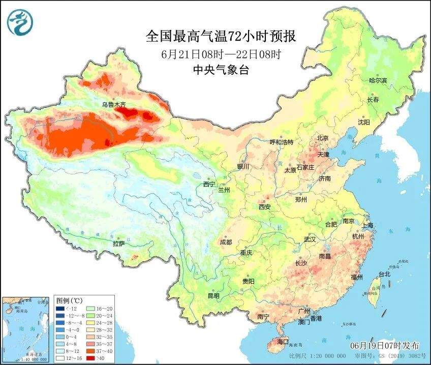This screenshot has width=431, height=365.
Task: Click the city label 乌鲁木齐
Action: (113, 104)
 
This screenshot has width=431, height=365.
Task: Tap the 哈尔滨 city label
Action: (378, 81)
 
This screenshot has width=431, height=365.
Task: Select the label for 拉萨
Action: (118, 244)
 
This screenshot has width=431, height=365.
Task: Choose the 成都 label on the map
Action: (226, 242)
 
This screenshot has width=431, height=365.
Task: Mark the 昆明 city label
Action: (213, 296)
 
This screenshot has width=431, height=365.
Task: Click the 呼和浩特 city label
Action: (281, 142)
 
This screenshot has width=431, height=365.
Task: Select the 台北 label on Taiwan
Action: (384, 274)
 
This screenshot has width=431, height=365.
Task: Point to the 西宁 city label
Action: (209, 184)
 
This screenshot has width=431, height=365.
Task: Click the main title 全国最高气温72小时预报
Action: (221, 37)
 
